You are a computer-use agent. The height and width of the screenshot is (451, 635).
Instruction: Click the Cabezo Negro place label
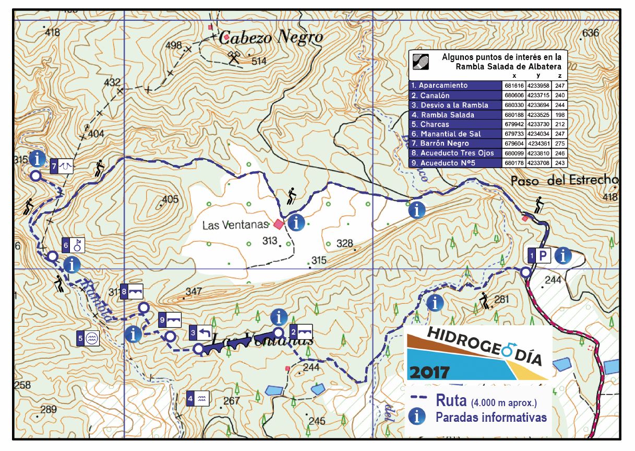[x=271, y=38]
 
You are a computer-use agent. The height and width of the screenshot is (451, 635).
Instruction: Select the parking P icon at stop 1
[x=543, y=256]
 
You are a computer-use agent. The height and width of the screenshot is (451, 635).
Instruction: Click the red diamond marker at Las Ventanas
[x=279, y=224]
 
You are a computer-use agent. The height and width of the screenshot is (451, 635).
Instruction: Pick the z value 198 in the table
[x=560, y=115]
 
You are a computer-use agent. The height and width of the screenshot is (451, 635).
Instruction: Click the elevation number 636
[x=590, y=33]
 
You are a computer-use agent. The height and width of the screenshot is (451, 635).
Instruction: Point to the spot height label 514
[x=259, y=62]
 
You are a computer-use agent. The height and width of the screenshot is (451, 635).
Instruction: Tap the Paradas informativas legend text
[x=491, y=417]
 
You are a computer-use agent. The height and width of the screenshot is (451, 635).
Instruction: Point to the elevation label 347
[x=194, y=292]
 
